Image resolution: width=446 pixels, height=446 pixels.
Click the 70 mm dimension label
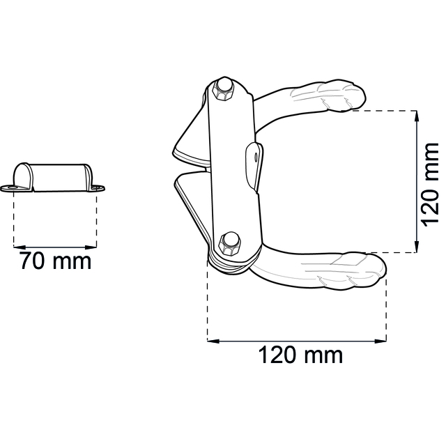[56, 261]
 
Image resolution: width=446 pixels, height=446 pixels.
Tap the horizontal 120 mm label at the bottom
[300, 355]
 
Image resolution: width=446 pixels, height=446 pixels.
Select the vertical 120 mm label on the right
[430, 185]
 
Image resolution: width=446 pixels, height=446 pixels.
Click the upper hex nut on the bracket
[224, 90]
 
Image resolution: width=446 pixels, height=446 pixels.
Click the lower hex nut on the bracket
[229, 243]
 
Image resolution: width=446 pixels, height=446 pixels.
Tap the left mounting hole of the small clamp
[12, 187]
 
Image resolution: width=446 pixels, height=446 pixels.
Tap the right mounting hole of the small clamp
[98, 187]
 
